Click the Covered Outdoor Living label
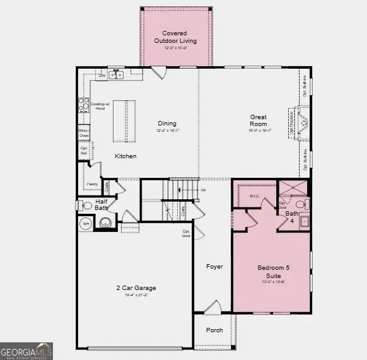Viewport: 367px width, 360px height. pos(179,37)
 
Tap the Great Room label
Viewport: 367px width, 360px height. pos(259,120)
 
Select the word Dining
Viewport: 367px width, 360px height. pos(167,124)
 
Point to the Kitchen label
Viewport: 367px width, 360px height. pos(125,156)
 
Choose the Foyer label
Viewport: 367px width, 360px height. pos(214,267)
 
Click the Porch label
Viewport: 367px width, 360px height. pos(214,330)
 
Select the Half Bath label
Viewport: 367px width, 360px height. pos(102,205)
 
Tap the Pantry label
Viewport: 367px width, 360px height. pos(91,185)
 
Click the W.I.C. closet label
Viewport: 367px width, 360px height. pos(255,195)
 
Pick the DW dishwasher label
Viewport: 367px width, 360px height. pos(102,76)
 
